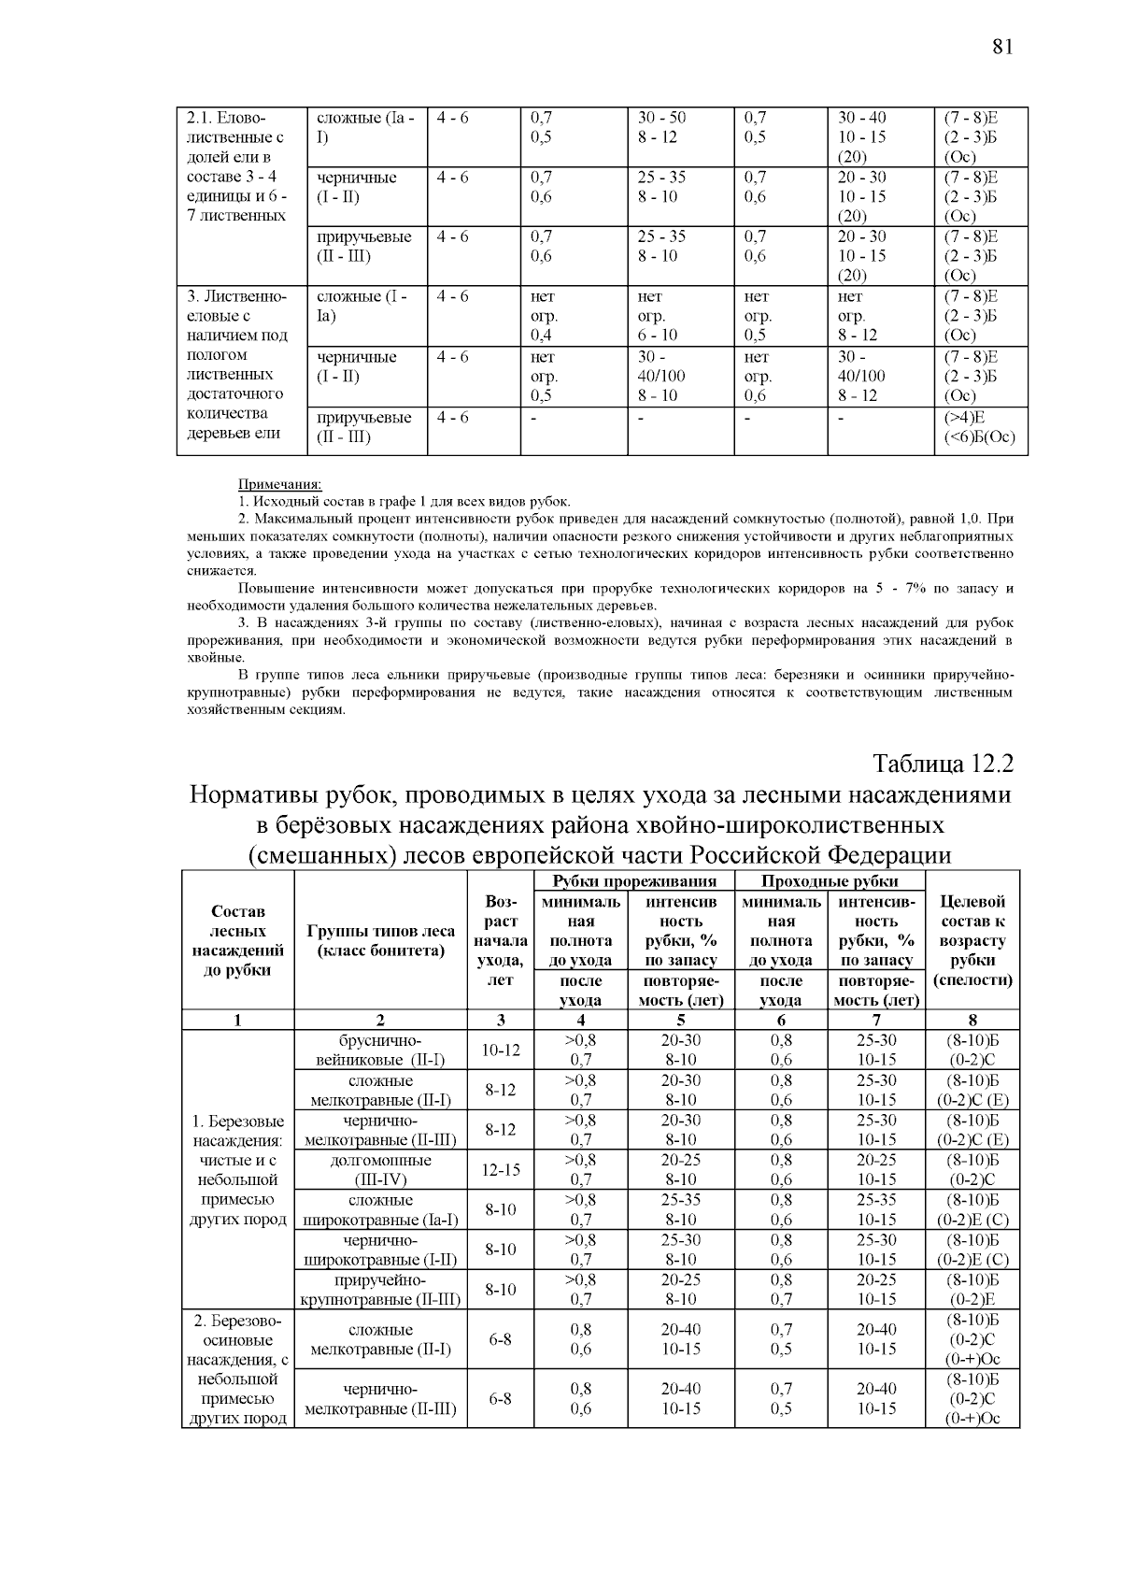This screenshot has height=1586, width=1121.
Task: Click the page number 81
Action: tap(1001, 47)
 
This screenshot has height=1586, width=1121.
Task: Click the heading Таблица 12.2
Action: tap(943, 764)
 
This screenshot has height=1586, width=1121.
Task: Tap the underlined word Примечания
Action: tap(279, 484)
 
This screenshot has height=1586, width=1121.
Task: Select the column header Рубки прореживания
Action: tap(634, 880)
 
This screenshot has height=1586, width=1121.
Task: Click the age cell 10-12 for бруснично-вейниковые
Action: tap(500, 1050)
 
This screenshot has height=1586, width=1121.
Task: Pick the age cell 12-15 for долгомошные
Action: tap(500, 1169)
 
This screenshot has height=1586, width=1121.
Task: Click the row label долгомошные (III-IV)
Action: tap(380, 1169)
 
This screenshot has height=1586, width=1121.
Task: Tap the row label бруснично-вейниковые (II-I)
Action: tap(380, 1050)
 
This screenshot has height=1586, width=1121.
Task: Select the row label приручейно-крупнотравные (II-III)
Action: tap(380, 1289)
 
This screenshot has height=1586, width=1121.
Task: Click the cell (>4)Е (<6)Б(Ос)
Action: tap(980, 427)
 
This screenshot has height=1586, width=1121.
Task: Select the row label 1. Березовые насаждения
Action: tap(238, 1169)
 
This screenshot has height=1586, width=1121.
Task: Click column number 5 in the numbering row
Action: tap(681, 1020)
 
